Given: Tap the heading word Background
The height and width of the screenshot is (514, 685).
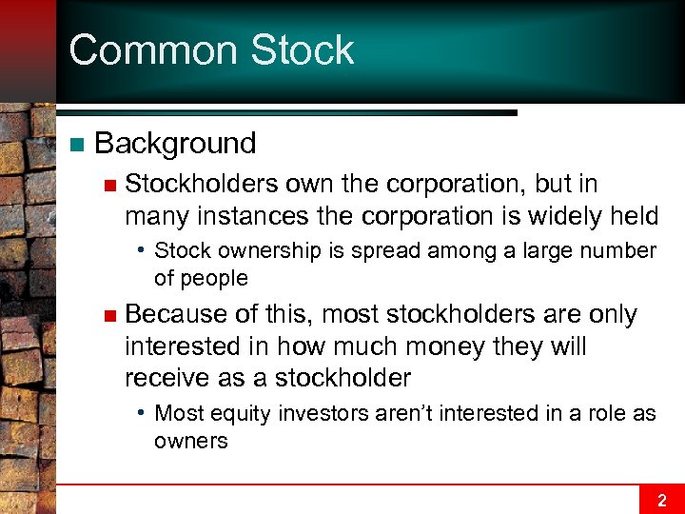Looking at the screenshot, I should point(176,144).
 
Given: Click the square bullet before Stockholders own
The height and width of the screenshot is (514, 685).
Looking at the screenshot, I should point(109,185).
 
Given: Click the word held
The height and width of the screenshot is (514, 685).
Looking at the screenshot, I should point(635,216).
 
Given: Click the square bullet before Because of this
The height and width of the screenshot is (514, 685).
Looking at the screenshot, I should point(109,315).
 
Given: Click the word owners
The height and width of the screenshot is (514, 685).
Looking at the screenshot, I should point(191,441).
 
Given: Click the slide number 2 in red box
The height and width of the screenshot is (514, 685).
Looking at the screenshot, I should point(662,500).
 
